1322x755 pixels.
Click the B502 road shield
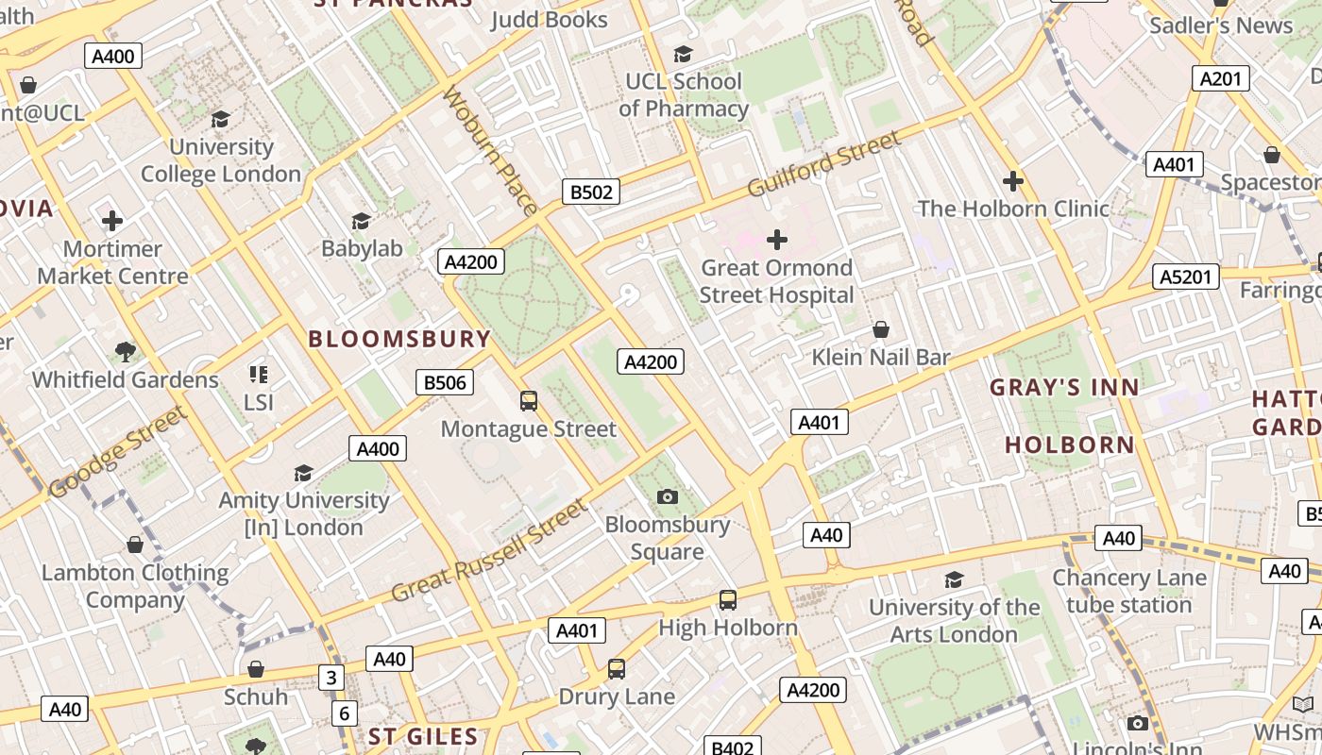pos(591,193)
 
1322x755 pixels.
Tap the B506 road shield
pos(445,382)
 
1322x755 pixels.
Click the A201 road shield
pos(1220,78)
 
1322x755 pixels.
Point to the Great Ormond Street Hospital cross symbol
pos(777,240)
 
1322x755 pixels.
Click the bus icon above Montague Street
pos(529,401)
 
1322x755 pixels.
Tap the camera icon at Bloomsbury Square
pos(668,496)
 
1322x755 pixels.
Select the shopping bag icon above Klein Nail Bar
pos(881,329)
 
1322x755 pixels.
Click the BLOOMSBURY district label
pos(399,339)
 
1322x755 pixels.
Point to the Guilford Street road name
pos(824,164)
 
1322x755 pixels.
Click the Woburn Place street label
pos(489,151)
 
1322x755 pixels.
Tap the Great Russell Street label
pos(489,552)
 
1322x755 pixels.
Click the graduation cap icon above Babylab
pos(361,221)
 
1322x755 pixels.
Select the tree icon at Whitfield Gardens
pos(125,352)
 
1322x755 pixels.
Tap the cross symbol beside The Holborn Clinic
pos(1013,180)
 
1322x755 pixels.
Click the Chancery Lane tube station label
pos(1129,591)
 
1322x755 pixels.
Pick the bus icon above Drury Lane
pos(617,669)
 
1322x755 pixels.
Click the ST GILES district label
pos(423,736)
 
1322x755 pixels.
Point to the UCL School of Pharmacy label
pos(684,94)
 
